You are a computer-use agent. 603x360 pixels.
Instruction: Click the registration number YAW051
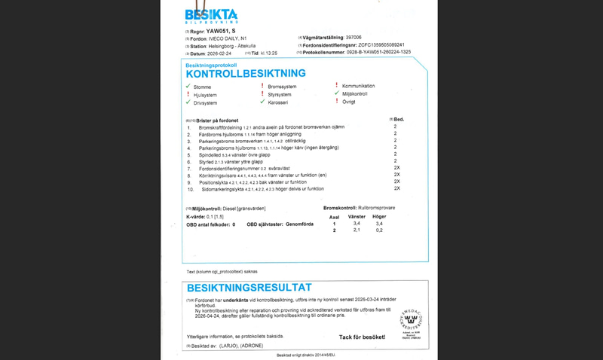221,31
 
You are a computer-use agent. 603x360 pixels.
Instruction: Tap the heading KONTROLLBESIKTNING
246,74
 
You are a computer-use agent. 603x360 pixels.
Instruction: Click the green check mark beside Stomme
188,87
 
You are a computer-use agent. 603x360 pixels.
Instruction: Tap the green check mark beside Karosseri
262,102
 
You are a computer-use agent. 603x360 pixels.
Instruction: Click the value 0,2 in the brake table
379,230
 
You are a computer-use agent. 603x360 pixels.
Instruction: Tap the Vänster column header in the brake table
357,217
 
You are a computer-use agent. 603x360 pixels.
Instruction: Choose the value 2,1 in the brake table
357,230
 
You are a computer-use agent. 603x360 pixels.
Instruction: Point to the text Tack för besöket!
363,337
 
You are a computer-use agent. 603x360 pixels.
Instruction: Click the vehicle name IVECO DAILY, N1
231,38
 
